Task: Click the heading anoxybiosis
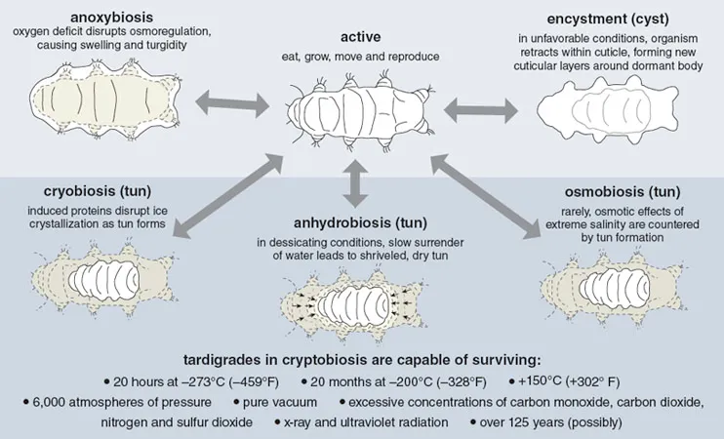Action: click(111, 18)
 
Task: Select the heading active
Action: click(361, 37)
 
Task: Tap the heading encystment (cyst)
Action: click(608, 19)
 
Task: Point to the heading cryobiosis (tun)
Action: click(98, 191)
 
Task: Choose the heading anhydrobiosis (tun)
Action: click(361, 223)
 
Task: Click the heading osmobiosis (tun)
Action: click(623, 191)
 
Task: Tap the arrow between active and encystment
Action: click(481, 110)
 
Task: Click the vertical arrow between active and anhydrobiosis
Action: click(355, 183)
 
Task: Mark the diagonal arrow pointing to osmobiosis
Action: click(485, 197)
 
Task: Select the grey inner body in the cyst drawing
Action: click(609, 109)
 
